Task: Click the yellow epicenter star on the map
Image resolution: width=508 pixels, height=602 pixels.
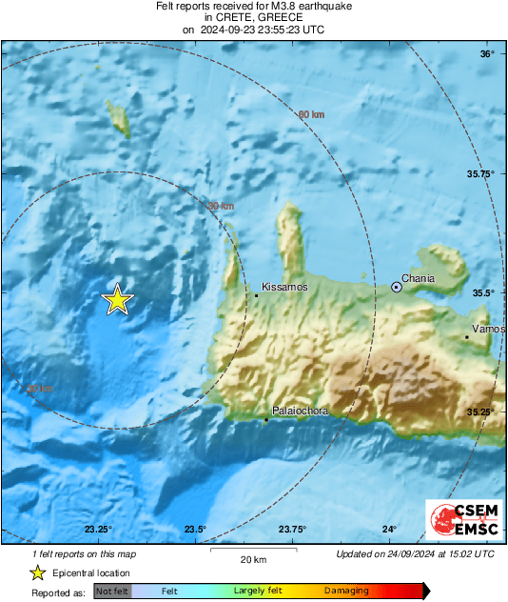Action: coord(117,300)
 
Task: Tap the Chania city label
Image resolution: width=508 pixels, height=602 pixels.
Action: coord(418,279)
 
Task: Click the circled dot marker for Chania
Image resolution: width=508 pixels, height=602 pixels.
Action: coord(397,286)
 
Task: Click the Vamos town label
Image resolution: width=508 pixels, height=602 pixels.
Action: coord(489,329)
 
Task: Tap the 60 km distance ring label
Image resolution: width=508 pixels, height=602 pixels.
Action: coord(311,115)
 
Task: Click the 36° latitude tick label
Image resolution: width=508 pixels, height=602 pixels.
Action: coord(487,54)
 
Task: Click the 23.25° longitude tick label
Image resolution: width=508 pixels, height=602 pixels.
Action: coord(98,530)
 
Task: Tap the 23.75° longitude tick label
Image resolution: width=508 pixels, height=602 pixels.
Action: coord(292,530)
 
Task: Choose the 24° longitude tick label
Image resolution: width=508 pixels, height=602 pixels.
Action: coord(390,530)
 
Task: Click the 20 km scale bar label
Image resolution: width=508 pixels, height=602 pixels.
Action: coord(252,558)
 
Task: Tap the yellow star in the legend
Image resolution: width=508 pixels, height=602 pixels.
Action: coord(37,572)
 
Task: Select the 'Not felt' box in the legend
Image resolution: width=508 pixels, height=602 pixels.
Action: coord(111,591)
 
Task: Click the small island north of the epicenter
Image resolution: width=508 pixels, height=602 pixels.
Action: coord(119,118)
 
